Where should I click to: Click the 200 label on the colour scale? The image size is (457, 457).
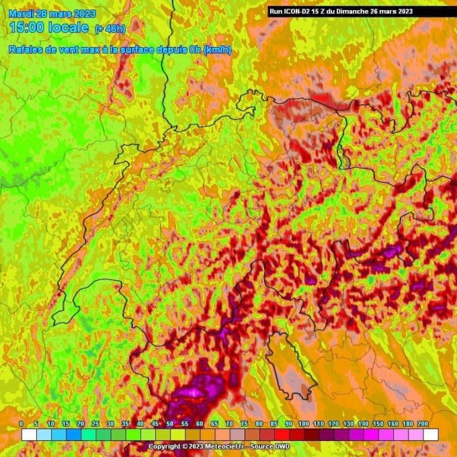pos(422,423)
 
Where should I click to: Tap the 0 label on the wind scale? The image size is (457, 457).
pos(22,423)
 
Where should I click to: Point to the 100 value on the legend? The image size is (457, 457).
pos(304,423)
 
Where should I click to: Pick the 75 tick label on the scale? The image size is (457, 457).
pos(244,423)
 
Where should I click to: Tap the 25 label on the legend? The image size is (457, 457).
pos(95,423)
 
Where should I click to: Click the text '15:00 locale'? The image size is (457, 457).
pos(49,28)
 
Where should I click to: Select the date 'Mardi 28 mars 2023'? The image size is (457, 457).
pos(52,13)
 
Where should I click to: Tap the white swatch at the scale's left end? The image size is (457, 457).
pos(28,435)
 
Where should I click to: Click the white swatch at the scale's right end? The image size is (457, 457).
pos(431,435)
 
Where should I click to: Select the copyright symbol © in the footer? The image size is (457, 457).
pos(182,446)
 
